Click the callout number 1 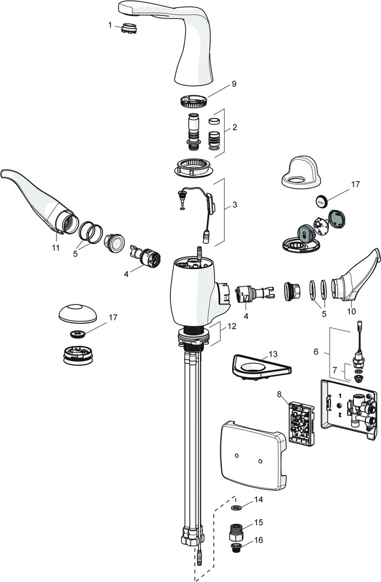[x=110, y=25]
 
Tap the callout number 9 [x=219, y=84]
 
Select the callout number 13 [x=273, y=354]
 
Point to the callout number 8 [x=279, y=394]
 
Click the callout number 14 [x=259, y=500]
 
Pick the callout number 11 [x=56, y=247]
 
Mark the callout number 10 [x=352, y=311]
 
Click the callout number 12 [x=231, y=327]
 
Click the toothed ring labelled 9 [x=193, y=100]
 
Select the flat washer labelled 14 [x=235, y=508]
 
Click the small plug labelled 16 [x=235, y=548]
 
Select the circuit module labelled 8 [x=300, y=422]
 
